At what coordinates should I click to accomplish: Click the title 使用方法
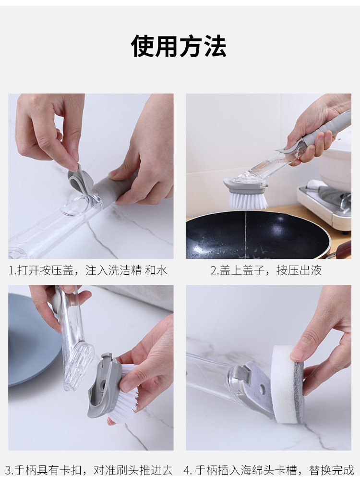(179, 47)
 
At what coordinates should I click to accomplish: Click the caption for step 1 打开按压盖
(88, 270)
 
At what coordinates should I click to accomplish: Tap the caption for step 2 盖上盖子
(266, 270)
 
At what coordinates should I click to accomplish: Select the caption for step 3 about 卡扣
(89, 470)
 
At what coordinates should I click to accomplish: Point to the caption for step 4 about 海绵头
(269, 470)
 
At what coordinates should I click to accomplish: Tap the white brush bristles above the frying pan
(248, 199)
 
